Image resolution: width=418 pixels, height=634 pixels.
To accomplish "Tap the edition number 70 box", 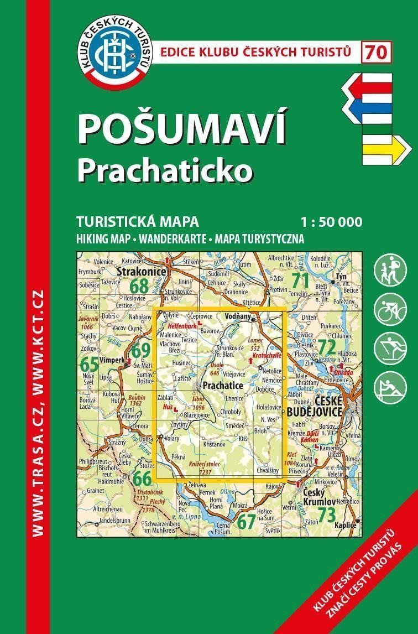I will tap(377, 53).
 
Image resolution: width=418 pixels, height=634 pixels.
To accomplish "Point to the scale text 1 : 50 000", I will tap(332, 222).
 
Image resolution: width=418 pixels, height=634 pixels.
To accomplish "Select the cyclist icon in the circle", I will tap(390, 310).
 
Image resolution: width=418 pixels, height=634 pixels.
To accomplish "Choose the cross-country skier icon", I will tap(390, 348).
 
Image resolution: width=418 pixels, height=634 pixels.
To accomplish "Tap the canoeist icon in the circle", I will tap(390, 387).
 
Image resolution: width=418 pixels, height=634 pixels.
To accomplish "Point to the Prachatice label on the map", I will tap(223, 384).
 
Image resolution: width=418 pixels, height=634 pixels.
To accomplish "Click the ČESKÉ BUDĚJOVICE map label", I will tap(313, 407).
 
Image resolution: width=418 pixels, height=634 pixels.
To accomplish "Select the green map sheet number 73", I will tap(327, 515).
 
